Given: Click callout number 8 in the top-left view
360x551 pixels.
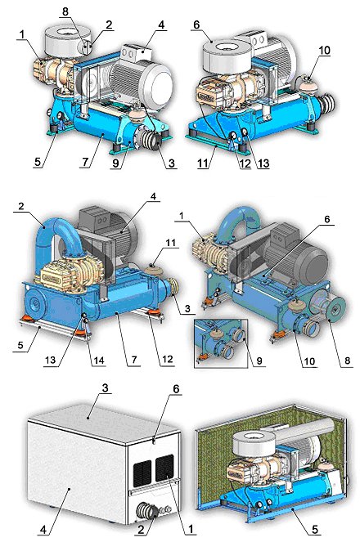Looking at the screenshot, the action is (65, 11).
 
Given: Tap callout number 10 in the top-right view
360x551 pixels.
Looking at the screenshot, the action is (325, 51).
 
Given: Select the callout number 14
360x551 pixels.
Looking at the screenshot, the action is (99, 361).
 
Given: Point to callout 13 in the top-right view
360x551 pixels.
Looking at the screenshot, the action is (263, 163).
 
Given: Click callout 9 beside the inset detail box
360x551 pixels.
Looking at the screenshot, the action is (260, 361).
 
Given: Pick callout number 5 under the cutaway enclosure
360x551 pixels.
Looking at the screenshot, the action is (315, 529).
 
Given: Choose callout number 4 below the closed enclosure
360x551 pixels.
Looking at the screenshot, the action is (43, 530).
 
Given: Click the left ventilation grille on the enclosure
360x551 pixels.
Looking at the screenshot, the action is (142, 473).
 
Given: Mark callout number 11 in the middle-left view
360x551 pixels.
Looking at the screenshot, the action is (170, 243).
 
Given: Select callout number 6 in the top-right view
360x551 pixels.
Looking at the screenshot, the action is (196, 25).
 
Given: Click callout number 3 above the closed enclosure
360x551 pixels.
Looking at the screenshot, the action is (105, 388).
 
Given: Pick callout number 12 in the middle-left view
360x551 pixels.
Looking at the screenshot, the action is (168, 359).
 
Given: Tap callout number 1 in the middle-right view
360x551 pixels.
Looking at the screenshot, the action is (182, 216).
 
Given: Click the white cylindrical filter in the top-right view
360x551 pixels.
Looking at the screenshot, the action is (228, 55).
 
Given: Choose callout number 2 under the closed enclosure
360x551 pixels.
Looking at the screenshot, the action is (141, 530).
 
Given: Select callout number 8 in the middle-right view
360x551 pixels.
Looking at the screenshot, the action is (348, 361).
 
